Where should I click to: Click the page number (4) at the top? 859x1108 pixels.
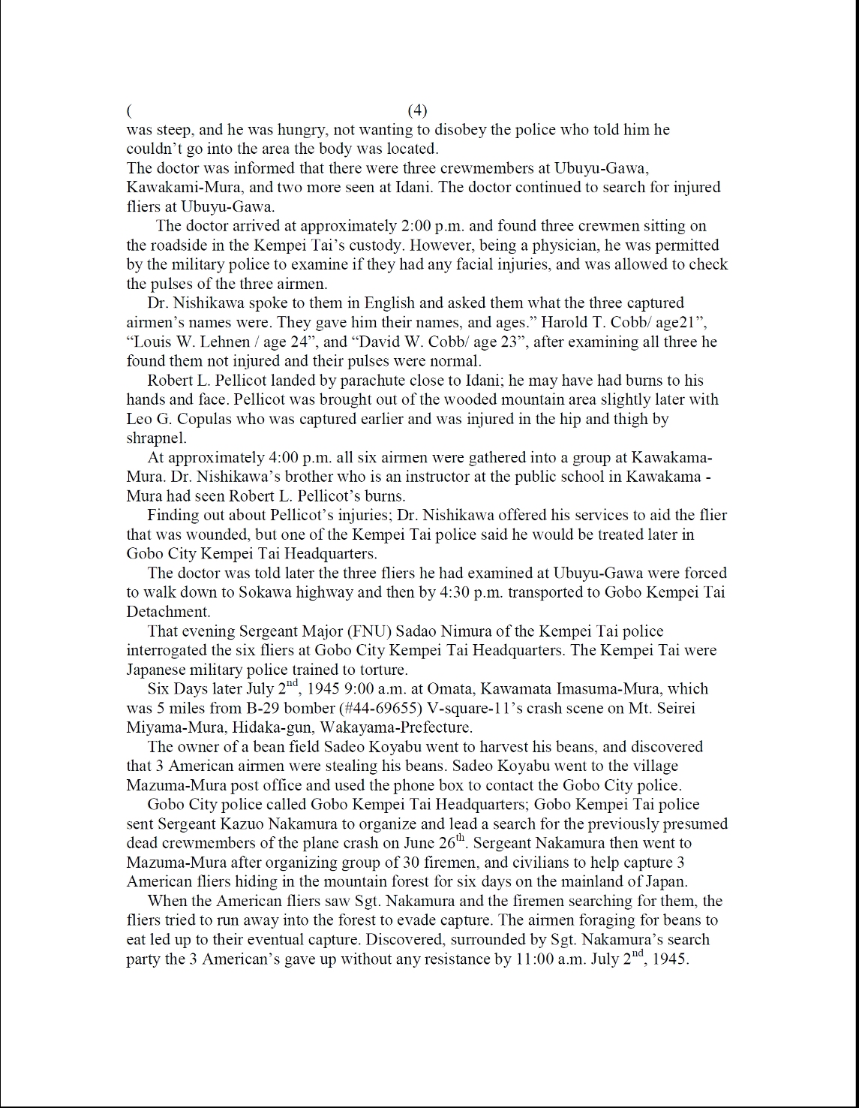417,110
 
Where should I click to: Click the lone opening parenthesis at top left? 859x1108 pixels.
130,111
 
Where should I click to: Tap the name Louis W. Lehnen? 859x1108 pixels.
185,342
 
